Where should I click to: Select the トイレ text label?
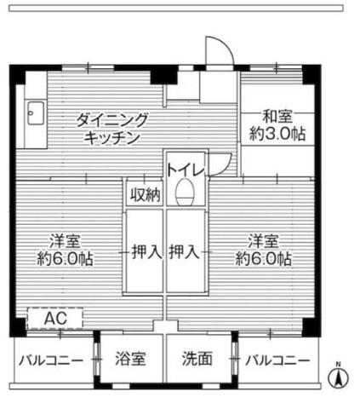[185, 169]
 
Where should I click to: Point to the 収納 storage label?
[145, 194]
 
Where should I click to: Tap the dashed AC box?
[55, 319]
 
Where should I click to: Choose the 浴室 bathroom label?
[130, 359]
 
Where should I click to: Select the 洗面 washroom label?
[197, 359]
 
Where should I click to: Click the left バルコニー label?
[51, 360]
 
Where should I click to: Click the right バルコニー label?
[277, 360]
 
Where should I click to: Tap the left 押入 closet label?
[145, 251]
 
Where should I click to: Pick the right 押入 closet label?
[185, 251]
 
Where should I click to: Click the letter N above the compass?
[338, 365]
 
